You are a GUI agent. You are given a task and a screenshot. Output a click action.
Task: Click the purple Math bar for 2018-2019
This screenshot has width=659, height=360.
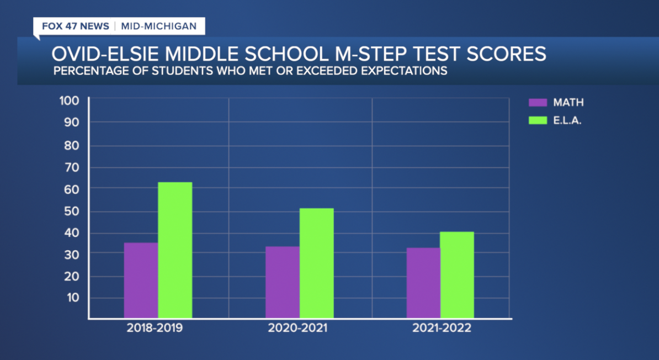tap(141, 280)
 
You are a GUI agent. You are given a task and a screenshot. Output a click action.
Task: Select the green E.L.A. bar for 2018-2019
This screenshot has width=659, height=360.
tap(175, 250)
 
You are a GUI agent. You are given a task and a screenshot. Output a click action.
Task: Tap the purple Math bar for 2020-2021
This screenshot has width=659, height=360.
tap(282, 282)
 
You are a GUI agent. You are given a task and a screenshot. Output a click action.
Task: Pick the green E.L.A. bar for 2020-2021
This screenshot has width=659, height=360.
tap(316, 263)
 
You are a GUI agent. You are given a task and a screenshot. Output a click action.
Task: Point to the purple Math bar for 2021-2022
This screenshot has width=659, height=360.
tap(423, 283)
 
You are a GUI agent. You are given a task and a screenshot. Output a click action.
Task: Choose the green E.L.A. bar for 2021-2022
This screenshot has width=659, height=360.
tap(457, 274)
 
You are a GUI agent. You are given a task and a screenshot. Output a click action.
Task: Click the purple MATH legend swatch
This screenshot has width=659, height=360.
tap(537, 103)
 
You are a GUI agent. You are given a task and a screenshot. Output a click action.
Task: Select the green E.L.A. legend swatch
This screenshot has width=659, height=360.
tap(537, 120)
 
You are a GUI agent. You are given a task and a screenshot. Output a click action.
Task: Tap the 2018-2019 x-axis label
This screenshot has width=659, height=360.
tap(155, 328)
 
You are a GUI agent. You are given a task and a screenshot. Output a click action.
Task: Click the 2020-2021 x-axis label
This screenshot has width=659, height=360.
tap(297, 328)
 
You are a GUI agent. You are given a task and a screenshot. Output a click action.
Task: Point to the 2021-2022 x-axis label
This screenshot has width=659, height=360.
tap(442, 328)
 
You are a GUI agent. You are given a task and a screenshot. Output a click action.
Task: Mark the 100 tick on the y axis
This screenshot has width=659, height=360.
tap(70, 100)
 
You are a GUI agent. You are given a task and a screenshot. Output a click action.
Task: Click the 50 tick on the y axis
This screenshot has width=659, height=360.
tap(72, 211)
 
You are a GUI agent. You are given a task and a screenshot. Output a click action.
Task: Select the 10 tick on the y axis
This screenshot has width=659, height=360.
tap(73, 298)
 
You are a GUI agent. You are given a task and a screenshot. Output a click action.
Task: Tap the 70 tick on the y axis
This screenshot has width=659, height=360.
tap(72, 167)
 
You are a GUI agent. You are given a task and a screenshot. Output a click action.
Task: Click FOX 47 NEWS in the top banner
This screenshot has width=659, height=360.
tap(75, 27)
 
